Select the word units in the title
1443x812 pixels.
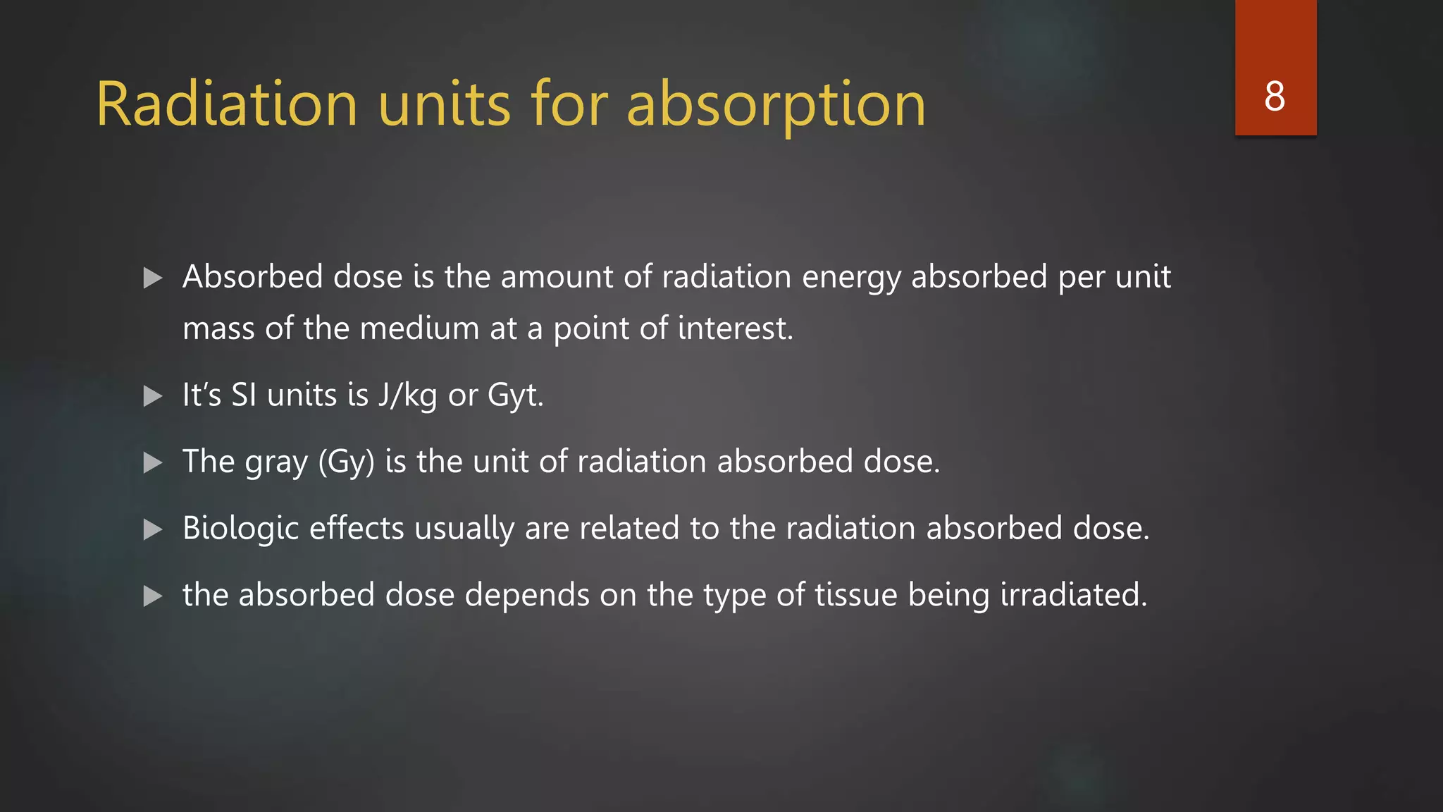(444, 104)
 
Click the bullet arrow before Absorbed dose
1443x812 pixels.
(153, 278)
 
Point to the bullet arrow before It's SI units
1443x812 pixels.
(153, 396)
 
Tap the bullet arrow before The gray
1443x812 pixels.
(153, 462)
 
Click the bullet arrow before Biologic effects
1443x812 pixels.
(153, 529)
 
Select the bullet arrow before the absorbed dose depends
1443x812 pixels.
(153, 596)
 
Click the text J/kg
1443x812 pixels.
(407, 395)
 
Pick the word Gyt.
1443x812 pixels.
(515, 395)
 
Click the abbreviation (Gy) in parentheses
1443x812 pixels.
(346, 462)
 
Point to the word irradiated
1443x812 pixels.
(1074, 594)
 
